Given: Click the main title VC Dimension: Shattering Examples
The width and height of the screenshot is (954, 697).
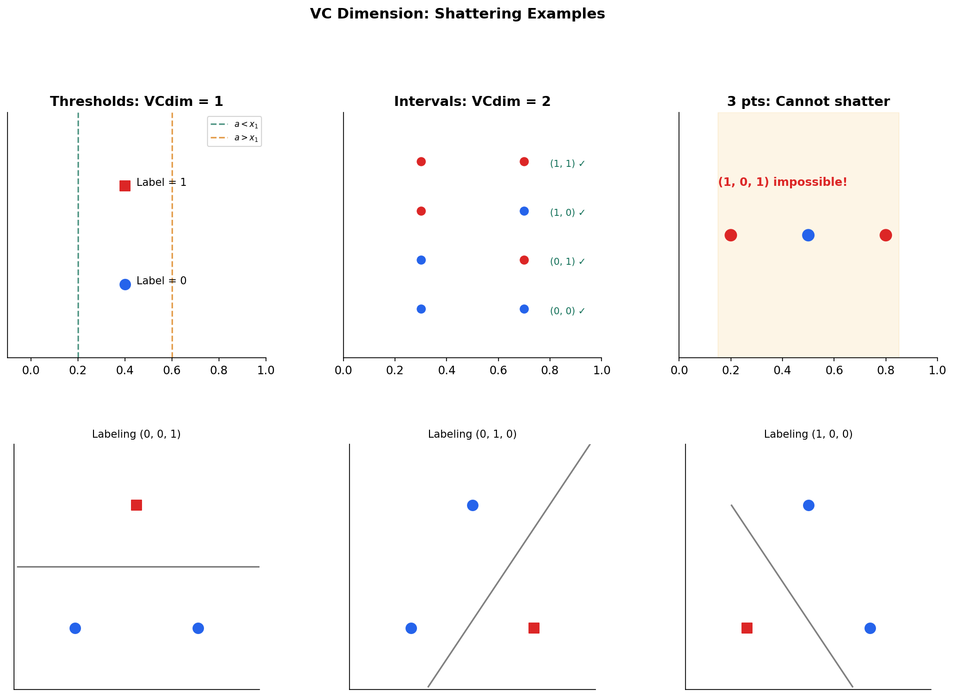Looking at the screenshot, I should pos(457,14).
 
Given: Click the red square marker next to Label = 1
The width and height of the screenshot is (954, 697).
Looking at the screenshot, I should pos(125,186).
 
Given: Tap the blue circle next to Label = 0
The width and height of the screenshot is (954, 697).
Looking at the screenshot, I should pos(125,284).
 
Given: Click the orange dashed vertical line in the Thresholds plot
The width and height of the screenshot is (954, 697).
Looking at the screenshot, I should pos(172,235).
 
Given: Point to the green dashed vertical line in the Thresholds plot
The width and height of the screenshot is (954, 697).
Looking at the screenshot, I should pos(78,235).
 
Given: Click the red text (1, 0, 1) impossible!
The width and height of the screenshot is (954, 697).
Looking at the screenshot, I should pos(782,182).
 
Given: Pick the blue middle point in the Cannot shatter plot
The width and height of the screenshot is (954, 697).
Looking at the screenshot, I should pos(808,235).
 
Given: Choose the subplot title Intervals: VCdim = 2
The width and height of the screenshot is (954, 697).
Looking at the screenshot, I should pos(472,102).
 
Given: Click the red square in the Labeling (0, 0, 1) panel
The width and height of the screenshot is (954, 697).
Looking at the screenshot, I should pos(136,505).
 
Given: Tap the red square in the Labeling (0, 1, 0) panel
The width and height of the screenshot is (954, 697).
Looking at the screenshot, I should pos(534,628).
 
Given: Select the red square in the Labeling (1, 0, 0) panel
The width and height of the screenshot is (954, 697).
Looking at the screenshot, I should pos(747,628).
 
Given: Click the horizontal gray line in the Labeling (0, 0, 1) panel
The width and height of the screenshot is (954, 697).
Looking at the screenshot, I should pos(138,567).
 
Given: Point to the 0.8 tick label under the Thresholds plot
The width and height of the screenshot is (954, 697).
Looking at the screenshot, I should pos(219,371).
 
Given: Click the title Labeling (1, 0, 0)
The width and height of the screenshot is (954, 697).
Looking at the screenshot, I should pos(808,435).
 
